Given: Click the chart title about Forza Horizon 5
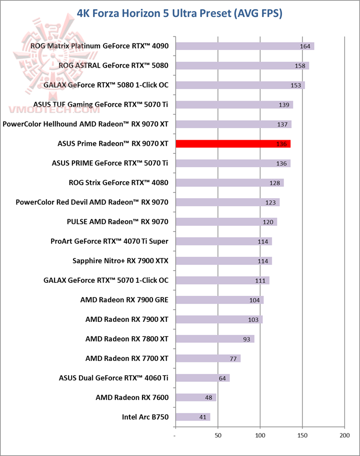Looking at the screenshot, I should [180, 14].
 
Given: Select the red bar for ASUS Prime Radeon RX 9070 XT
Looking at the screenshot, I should [232, 144].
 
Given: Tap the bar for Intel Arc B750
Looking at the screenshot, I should [192, 417].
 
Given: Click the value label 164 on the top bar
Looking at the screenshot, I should [305, 46].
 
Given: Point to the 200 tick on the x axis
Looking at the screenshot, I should [344, 436].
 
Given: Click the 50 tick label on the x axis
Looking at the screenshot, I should [218, 436].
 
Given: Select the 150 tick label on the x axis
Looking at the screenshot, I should [302, 436].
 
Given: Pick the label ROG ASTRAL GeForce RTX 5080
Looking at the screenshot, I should [113, 66].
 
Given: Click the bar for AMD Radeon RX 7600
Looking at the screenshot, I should [195, 397].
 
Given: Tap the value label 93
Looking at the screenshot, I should [246, 339].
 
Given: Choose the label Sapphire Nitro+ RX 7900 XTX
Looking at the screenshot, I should [120, 261].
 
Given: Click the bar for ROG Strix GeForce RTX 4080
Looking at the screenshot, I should [229, 183].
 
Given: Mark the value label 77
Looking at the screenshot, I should [233, 358].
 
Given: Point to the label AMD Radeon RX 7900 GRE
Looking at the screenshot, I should [124, 300].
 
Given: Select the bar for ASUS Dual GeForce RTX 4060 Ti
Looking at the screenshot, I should [202, 378].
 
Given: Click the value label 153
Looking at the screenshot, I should [295, 85].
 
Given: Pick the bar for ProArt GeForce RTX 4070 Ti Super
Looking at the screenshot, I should [223, 241].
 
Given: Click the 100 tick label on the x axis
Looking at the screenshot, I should [260, 436].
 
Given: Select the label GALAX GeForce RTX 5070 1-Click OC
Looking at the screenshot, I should [106, 280].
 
